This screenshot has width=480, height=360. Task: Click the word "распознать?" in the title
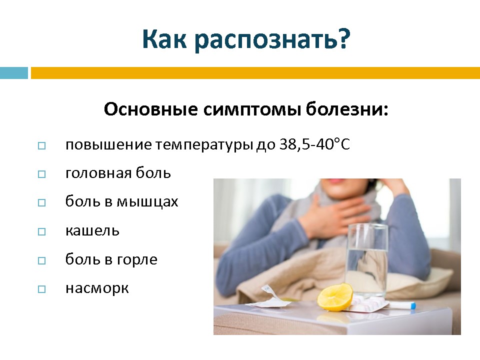pyautogui.click(x=272, y=40)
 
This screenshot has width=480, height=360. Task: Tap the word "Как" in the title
pyautogui.click(x=164, y=39)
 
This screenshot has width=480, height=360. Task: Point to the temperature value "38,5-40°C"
pyautogui.click(x=314, y=144)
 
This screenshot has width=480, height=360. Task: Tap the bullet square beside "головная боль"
pyautogui.click(x=41, y=174)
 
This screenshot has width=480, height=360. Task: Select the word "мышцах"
pyautogui.click(x=147, y=202)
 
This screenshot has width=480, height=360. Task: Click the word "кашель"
pyautogui.click(x=92, y=230)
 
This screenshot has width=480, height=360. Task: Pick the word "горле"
pyautogui.click(x=137, y=260)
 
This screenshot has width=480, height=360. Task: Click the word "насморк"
pyautogui.click(x=97, y=288)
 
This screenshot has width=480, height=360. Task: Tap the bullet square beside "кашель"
pyautogui.click(x=41, y=231)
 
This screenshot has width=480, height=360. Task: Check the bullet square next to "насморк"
pyautogui.click(x=41, y=289)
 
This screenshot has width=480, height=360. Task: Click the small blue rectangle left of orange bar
pyautogui.click(x=14, y=73)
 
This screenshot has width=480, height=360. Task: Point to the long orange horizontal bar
pyautogui.click(x=255, y=73)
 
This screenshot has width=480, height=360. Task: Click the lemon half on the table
pyautogui.click(x=335, y=297)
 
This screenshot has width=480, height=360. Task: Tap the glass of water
pyautogui.click(x=366, y=260)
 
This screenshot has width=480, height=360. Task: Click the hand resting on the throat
pyautogui.click(x=326, y=216)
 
